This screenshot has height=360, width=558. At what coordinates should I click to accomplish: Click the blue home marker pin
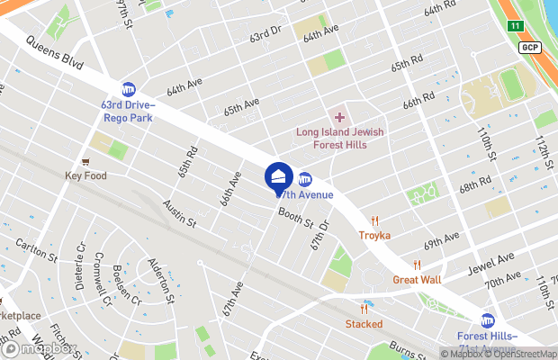click(278, 175)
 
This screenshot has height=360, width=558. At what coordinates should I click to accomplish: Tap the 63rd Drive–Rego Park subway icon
click(129, 89)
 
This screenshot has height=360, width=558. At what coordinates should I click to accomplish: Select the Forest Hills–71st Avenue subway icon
click(488, 320)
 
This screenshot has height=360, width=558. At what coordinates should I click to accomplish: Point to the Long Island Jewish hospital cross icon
click(339, 117)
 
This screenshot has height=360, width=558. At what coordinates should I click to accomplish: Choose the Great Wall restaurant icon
click(417, 265)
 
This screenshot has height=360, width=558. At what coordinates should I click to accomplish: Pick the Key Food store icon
click(85, 161)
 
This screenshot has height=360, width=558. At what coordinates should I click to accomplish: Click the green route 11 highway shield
click(514, 26)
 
